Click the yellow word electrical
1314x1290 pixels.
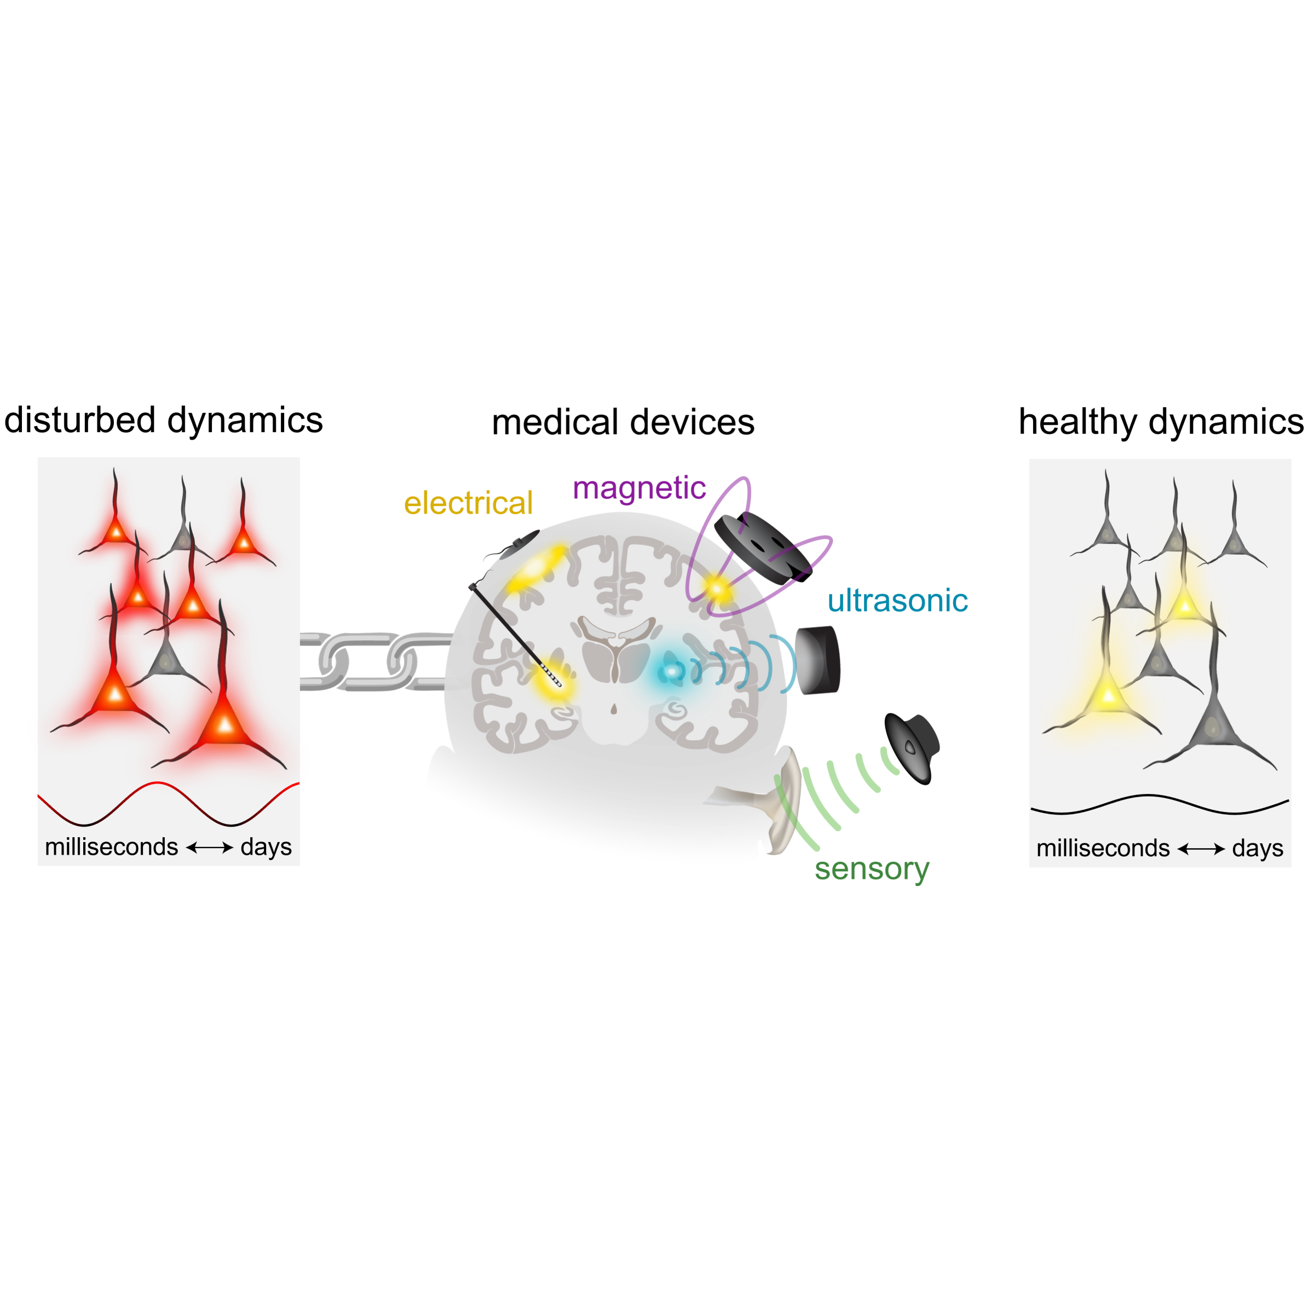coord(468,503)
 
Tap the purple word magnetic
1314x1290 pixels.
coord(639,488)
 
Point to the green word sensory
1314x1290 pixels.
coord(872,868)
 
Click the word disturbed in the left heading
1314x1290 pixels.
coord(80,420)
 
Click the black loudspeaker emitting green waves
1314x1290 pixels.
coord(911,748)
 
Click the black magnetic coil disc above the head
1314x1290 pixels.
coord(762,548)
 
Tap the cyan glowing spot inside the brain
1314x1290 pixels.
coord(671,671)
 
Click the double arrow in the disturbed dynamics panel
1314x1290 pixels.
coord(209,848)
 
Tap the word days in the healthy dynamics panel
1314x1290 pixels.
coord(1257,848)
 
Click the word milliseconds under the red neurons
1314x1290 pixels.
coord(111,847)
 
